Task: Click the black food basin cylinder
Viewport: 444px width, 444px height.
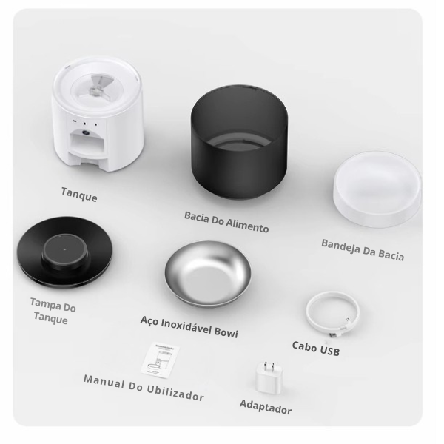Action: tap(239, 143)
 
